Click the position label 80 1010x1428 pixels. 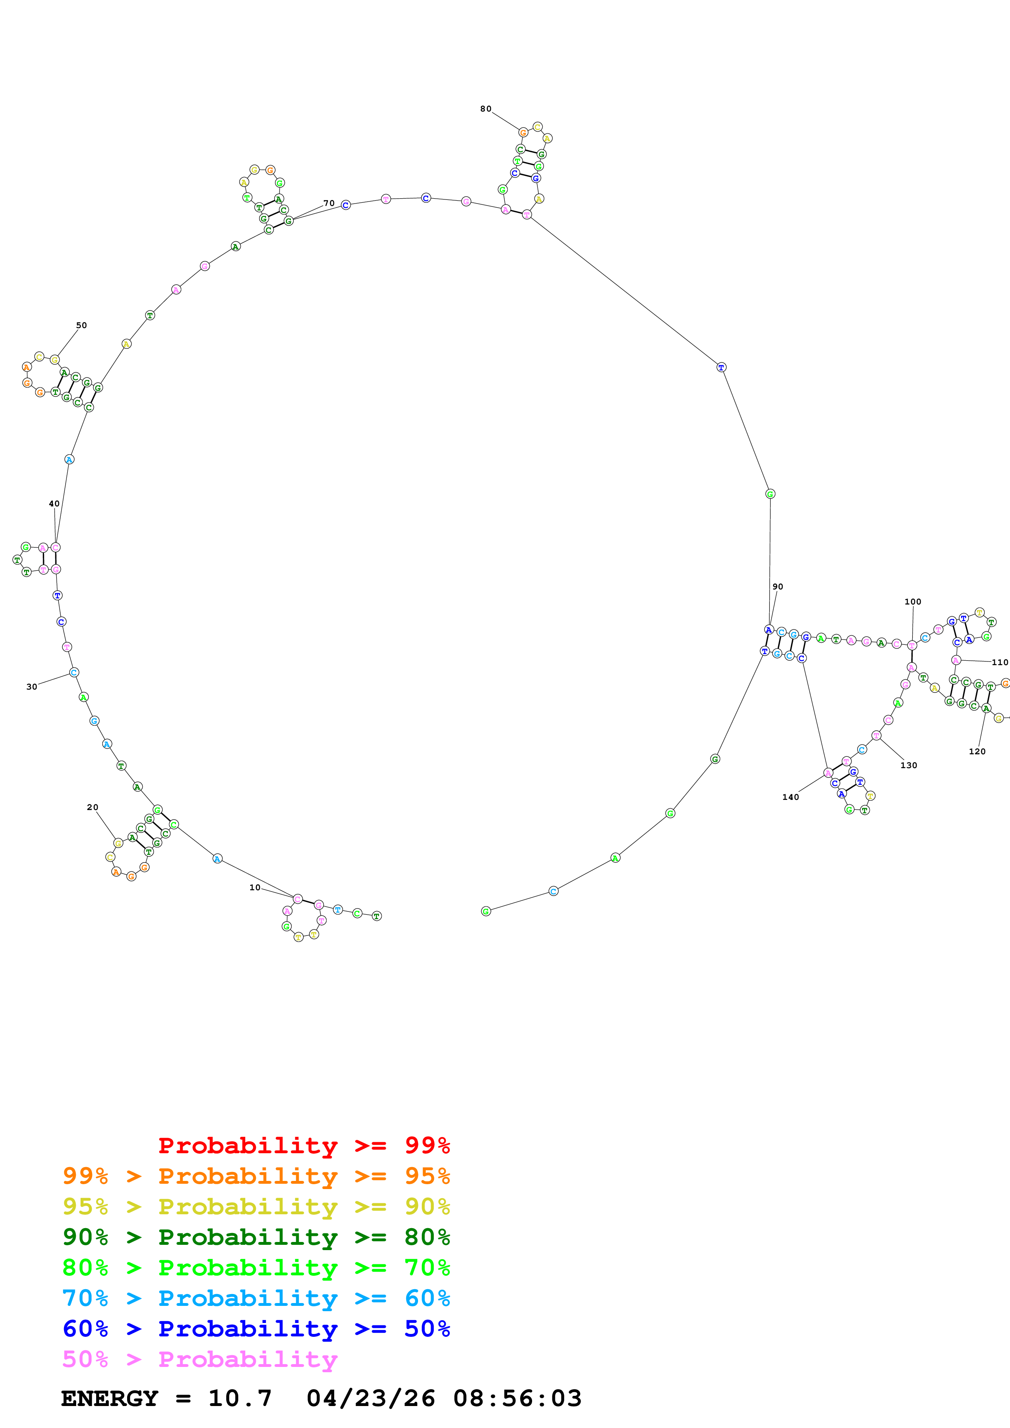click(x=485, y=109)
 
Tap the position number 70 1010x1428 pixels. click(x=328, y=204)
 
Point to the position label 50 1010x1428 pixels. click(x=81, y=325)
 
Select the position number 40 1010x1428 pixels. click(x=54, y=504)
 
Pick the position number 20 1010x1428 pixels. click(x=92, y=807)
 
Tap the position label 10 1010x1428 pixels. click(x=255, y=887)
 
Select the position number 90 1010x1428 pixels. click(x=778, y=587)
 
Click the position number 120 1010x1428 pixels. click(x=977, y=751)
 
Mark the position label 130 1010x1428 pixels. click(x=909, y=765)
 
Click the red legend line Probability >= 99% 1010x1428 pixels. click(x=304, y=1145)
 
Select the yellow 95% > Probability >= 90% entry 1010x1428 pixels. click(x=256, y=1206)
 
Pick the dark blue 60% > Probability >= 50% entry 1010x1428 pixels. click(x=256, y=1329)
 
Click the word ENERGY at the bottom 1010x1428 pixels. click(x=110, y=1398)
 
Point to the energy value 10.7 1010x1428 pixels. click(x=240, y=1398)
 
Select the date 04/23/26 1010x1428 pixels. click(x=371, y=1398)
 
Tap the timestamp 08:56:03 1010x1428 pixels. click(x=517, y=1398)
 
